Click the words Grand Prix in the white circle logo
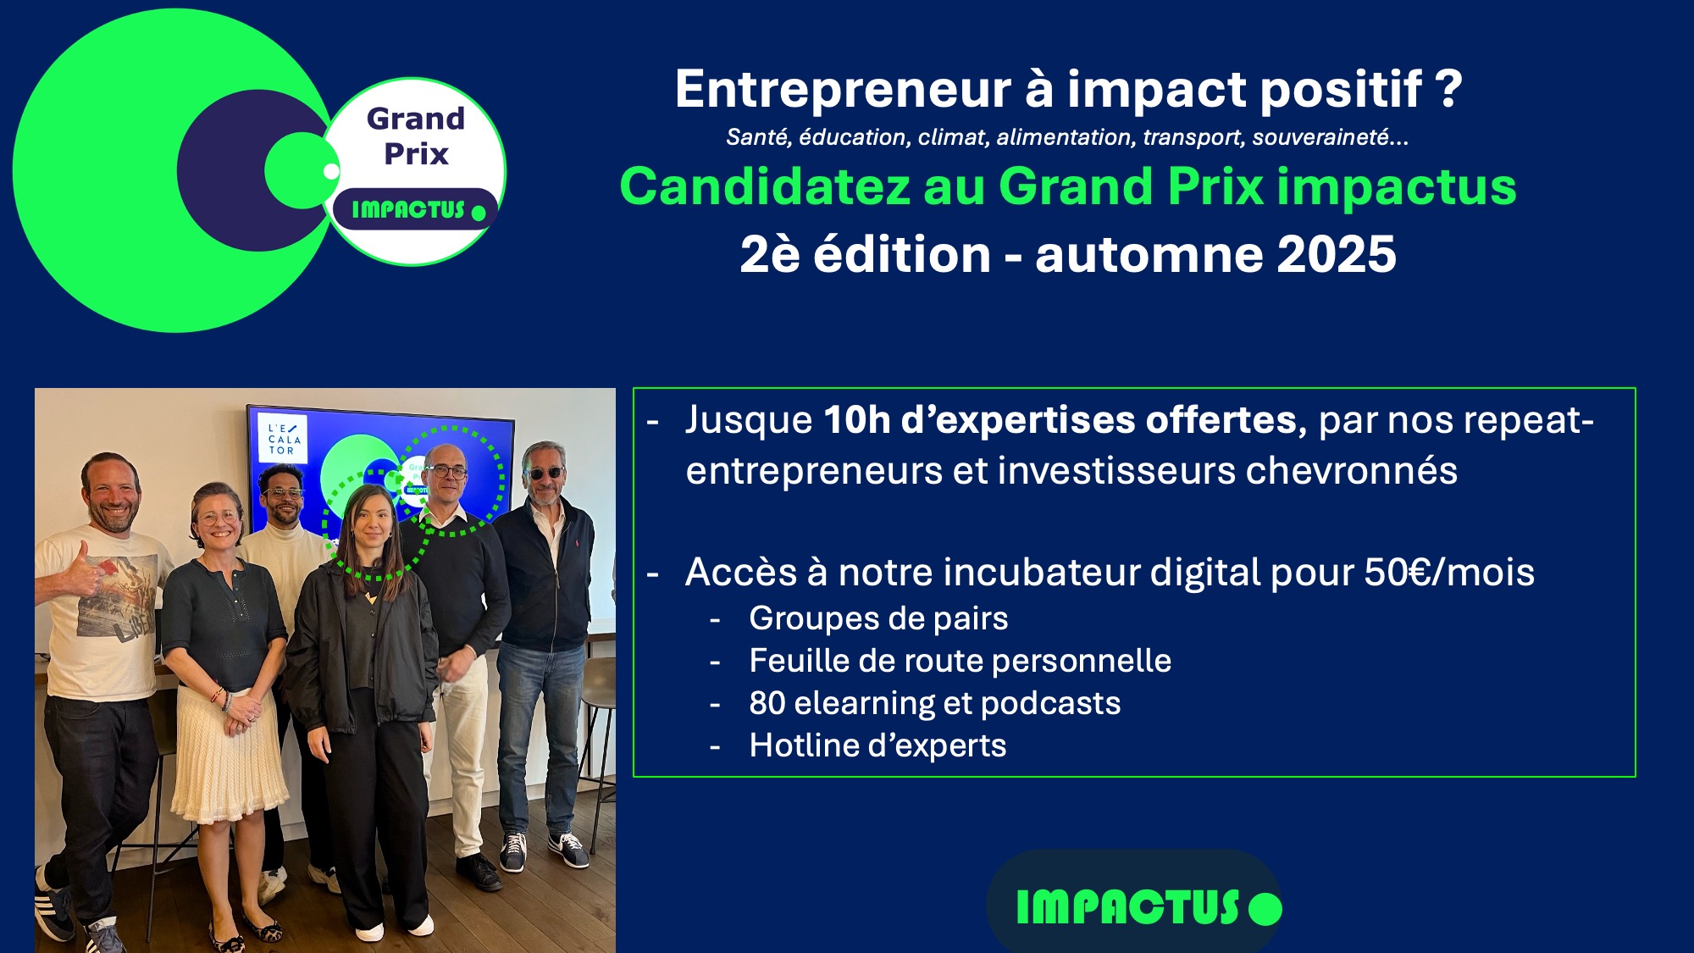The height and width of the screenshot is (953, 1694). click(x=416, y=136)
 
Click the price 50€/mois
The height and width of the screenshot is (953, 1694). click(x=1449, y=573)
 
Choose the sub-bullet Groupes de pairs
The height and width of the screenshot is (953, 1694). click(x=878, y=619)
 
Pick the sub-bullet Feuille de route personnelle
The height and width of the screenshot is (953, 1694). click(x=960, y=661)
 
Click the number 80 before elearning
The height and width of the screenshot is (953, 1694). click(x=767, y=703)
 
